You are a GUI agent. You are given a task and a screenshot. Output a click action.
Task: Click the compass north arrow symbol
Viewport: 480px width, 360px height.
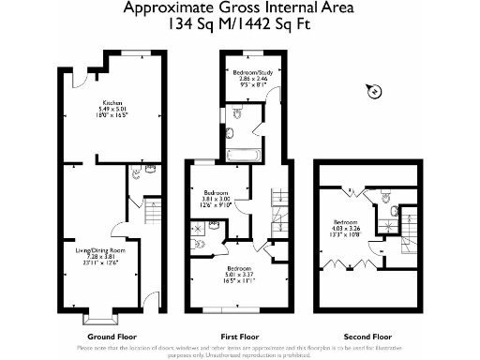tap(372, 91)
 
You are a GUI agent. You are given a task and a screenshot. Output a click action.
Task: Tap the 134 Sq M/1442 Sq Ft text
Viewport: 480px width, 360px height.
tap(239, 24)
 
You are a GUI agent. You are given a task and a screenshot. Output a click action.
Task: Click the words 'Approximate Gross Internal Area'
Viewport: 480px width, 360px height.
tap(239, 8)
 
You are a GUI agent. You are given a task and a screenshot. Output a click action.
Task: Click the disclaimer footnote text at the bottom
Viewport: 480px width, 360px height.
tap(240, 351)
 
